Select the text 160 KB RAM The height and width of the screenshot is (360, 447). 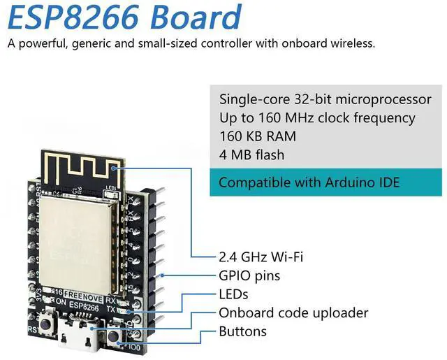point(257,136)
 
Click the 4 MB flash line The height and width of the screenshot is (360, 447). point(251,154)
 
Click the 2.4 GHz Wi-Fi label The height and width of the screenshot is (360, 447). point(261,257)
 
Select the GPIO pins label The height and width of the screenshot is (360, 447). point(249,275)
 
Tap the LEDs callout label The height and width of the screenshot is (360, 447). point(233,294)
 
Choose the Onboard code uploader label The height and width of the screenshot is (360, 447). point(293,312)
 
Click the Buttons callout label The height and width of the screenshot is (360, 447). point(242,331)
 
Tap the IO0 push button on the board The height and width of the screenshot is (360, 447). point(113,336)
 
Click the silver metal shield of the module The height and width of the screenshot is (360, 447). point(77,238)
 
